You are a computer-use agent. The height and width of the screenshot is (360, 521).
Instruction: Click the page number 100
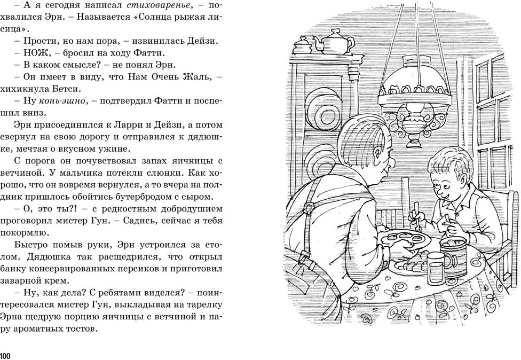click(x=6, y=356)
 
